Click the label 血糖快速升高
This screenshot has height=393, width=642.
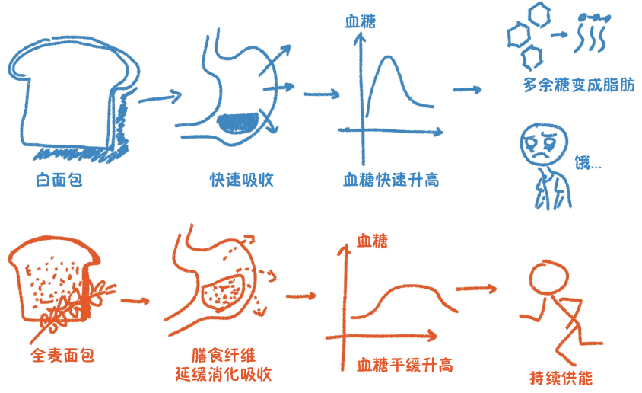(391, 181)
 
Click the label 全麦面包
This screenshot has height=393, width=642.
(62, 355)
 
